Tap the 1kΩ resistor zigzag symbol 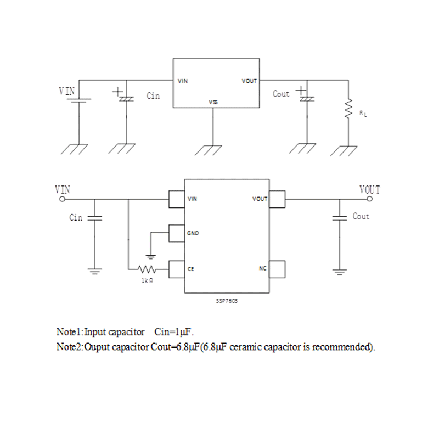(148, 269)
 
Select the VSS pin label (213, 102)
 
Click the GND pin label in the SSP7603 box (193, 234)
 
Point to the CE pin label (191, 269)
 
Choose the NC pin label (262, 269)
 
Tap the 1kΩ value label (147, 280)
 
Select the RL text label (363, 113)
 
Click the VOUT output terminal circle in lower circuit (377, 199)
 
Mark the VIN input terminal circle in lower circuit (61, 199)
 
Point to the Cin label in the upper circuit (153, 96)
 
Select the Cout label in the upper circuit (280, 94)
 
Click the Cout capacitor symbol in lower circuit (340, 218)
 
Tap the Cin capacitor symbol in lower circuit (94, 218)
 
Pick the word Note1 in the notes (69, 332)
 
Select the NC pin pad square (278, 269)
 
